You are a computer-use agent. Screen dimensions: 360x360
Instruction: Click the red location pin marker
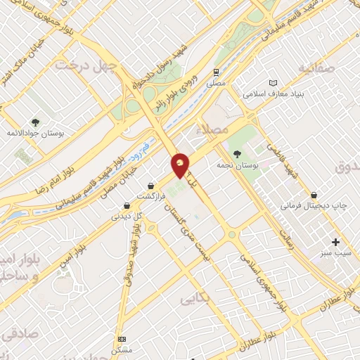coord(181,165)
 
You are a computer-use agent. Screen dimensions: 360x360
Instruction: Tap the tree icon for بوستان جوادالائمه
coord(35,122)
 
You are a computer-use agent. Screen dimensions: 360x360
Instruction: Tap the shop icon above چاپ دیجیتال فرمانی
coord(313,195)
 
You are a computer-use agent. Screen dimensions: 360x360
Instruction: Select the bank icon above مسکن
coord(121,338)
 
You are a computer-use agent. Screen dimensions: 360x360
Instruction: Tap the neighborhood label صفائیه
coord(314,68)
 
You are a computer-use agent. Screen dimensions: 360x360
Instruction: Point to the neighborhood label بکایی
coord(195,299)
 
